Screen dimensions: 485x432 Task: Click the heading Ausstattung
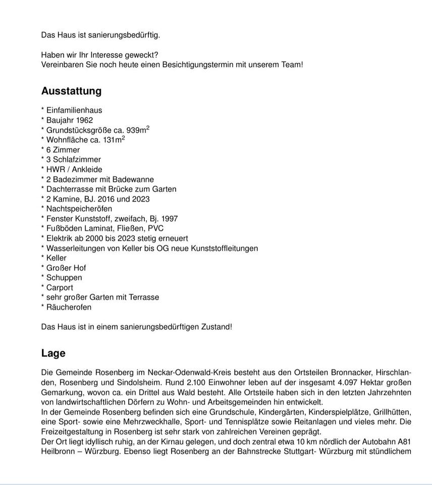pos(71,91)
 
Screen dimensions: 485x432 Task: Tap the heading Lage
pos(53,353)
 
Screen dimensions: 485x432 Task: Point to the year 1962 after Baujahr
pos(84,120)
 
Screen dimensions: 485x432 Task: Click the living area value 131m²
pos(114,140)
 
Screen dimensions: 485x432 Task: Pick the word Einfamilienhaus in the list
pos(74,110)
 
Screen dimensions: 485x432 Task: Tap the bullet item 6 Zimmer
pos(63,150)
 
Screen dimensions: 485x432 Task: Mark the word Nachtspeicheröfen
pos(79,209)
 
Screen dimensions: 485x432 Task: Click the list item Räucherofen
pos(69,307)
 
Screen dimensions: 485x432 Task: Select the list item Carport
pos(60,287)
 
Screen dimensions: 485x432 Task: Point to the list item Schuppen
pos(64,277)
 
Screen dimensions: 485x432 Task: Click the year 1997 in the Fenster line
pos(170,219)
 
